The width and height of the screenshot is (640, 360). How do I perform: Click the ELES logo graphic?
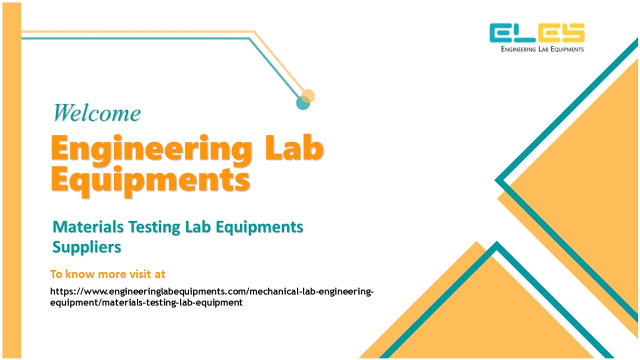click(x=537, y=33)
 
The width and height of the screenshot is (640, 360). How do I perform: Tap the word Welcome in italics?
click(x=97, y=112)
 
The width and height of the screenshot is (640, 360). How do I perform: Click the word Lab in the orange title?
click(x=294, y=148)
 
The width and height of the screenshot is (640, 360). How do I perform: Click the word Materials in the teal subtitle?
click(x=88, y=227)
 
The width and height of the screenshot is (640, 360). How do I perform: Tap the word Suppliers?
click(x=87, y=247)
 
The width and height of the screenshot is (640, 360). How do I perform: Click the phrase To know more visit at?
click(x=107, y=274)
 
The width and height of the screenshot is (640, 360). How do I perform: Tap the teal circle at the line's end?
click(x=303, y=103)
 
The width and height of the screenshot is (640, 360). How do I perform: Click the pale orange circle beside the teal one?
click(x=308, y=95)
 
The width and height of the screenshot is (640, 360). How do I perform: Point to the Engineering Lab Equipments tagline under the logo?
click(x=542, y=49)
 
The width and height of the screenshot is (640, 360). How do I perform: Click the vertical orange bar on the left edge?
click(x=11, y=180)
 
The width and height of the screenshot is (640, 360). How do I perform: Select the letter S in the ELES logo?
click(x=572, y=33)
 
